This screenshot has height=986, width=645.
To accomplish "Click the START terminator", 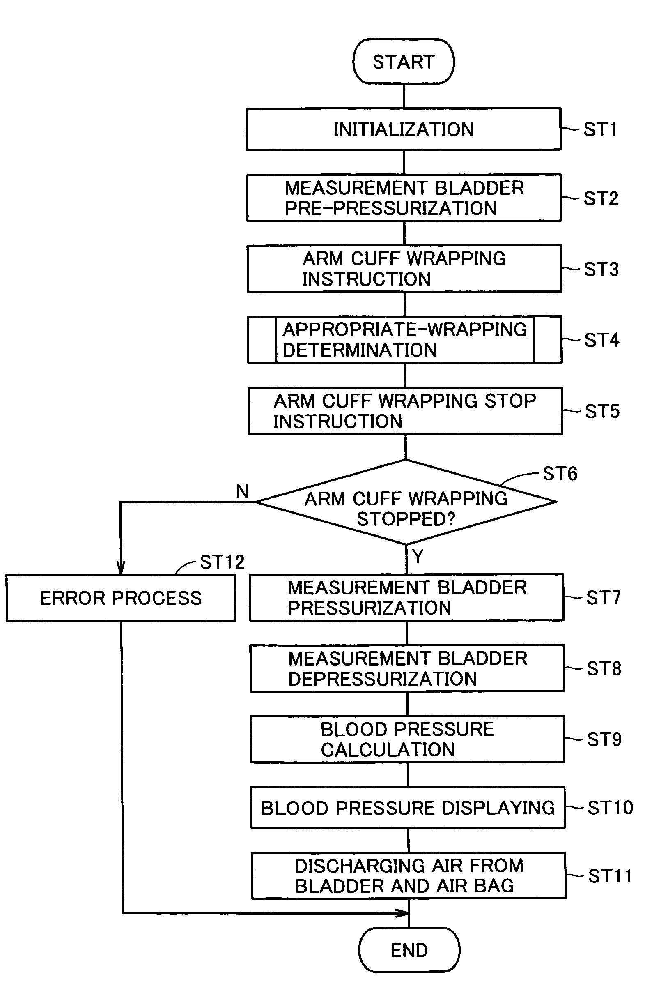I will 403,62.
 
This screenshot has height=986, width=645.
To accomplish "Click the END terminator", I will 409,949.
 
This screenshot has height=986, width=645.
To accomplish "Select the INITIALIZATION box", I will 404,129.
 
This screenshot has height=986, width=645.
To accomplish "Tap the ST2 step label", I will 601,198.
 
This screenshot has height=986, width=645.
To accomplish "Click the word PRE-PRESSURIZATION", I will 390,208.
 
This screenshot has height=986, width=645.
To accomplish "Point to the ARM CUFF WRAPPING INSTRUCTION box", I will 404,269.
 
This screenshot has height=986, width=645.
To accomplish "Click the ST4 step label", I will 601,340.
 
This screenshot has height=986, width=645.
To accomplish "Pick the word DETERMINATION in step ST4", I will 359,350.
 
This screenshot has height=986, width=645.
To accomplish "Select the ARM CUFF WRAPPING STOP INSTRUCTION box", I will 405,411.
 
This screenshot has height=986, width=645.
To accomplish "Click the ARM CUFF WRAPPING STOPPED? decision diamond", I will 406,502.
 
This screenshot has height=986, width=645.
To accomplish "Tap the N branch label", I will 242,492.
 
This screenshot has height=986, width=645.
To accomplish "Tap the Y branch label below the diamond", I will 418,556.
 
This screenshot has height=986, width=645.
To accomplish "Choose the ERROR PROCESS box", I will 121,598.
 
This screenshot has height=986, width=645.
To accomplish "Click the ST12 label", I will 222,562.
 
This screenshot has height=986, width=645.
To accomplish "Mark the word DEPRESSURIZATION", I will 382,679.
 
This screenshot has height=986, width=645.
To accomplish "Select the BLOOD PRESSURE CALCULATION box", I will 407,739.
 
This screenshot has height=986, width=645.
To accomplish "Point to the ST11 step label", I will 610,876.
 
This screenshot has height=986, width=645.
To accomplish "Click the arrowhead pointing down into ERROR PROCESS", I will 121,568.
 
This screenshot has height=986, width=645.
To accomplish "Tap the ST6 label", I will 560,474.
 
